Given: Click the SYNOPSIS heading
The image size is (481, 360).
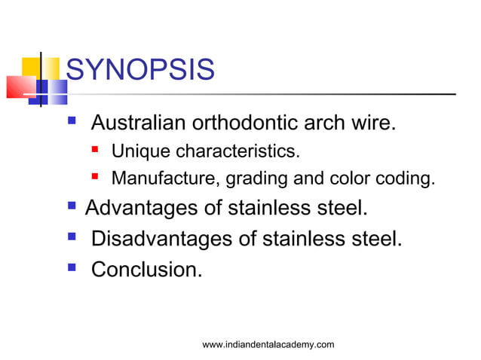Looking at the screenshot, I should coord(140,72).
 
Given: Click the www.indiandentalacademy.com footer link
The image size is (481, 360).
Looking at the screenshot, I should coord(268,344).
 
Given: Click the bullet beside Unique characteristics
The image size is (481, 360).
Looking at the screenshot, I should coord(96,152).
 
